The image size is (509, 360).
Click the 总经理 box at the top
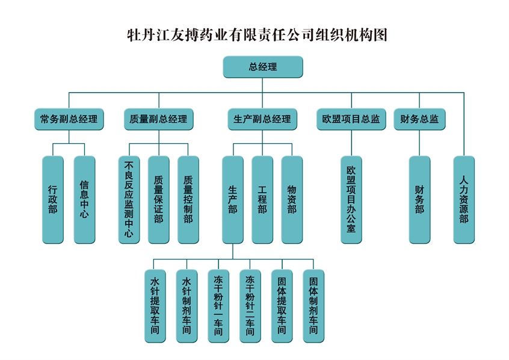pos(262,67)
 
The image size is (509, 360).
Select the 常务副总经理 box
pos(68,119)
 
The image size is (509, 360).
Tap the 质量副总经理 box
pos(158,119)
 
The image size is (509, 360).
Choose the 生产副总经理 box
pos(262,119)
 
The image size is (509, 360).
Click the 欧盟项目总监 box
pos(351,119)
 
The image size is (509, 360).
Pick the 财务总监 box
pos(419,119)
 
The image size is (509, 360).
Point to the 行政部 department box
pos(53,200)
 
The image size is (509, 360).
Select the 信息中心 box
pos(84,200)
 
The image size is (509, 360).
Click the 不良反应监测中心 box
pos(129,200)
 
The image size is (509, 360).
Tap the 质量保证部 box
pos(158,200)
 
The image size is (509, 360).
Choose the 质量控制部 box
pos(188,200)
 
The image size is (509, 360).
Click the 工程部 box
pos(262,200)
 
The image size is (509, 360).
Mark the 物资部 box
pos(292,200)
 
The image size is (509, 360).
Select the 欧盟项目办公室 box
pos(351,200)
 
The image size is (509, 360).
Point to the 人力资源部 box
pos(463,200)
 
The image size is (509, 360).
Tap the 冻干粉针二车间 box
pos(250,306)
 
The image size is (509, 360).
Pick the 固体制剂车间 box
pos(313,306)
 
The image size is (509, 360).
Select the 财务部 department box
pos(419,200)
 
